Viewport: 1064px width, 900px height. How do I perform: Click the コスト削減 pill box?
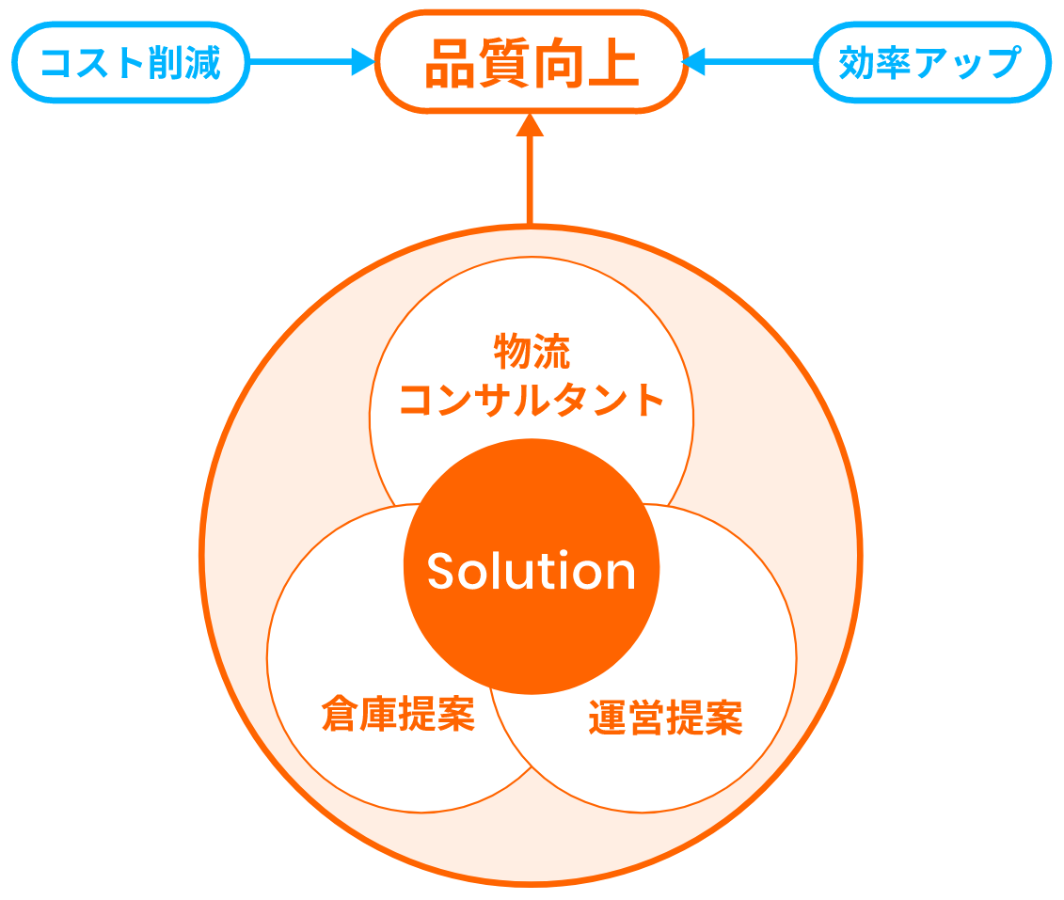coord(131,63)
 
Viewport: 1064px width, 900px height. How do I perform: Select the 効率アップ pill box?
coord(929,63)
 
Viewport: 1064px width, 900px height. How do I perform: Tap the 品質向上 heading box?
coord(531,63)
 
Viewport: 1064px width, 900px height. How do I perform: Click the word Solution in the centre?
coord(532,571)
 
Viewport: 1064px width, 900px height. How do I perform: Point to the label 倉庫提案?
coord(397,713)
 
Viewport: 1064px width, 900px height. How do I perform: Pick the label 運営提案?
coord(666,718)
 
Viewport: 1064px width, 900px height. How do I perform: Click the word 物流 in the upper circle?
coord(532,352)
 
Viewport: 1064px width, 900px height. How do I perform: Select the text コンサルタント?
coord(532,400)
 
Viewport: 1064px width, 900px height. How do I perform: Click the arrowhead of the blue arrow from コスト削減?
coord(363,63)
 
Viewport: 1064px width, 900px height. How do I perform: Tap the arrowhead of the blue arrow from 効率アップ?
coord(694,63)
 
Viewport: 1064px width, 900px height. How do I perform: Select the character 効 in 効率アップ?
coord(857,63)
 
